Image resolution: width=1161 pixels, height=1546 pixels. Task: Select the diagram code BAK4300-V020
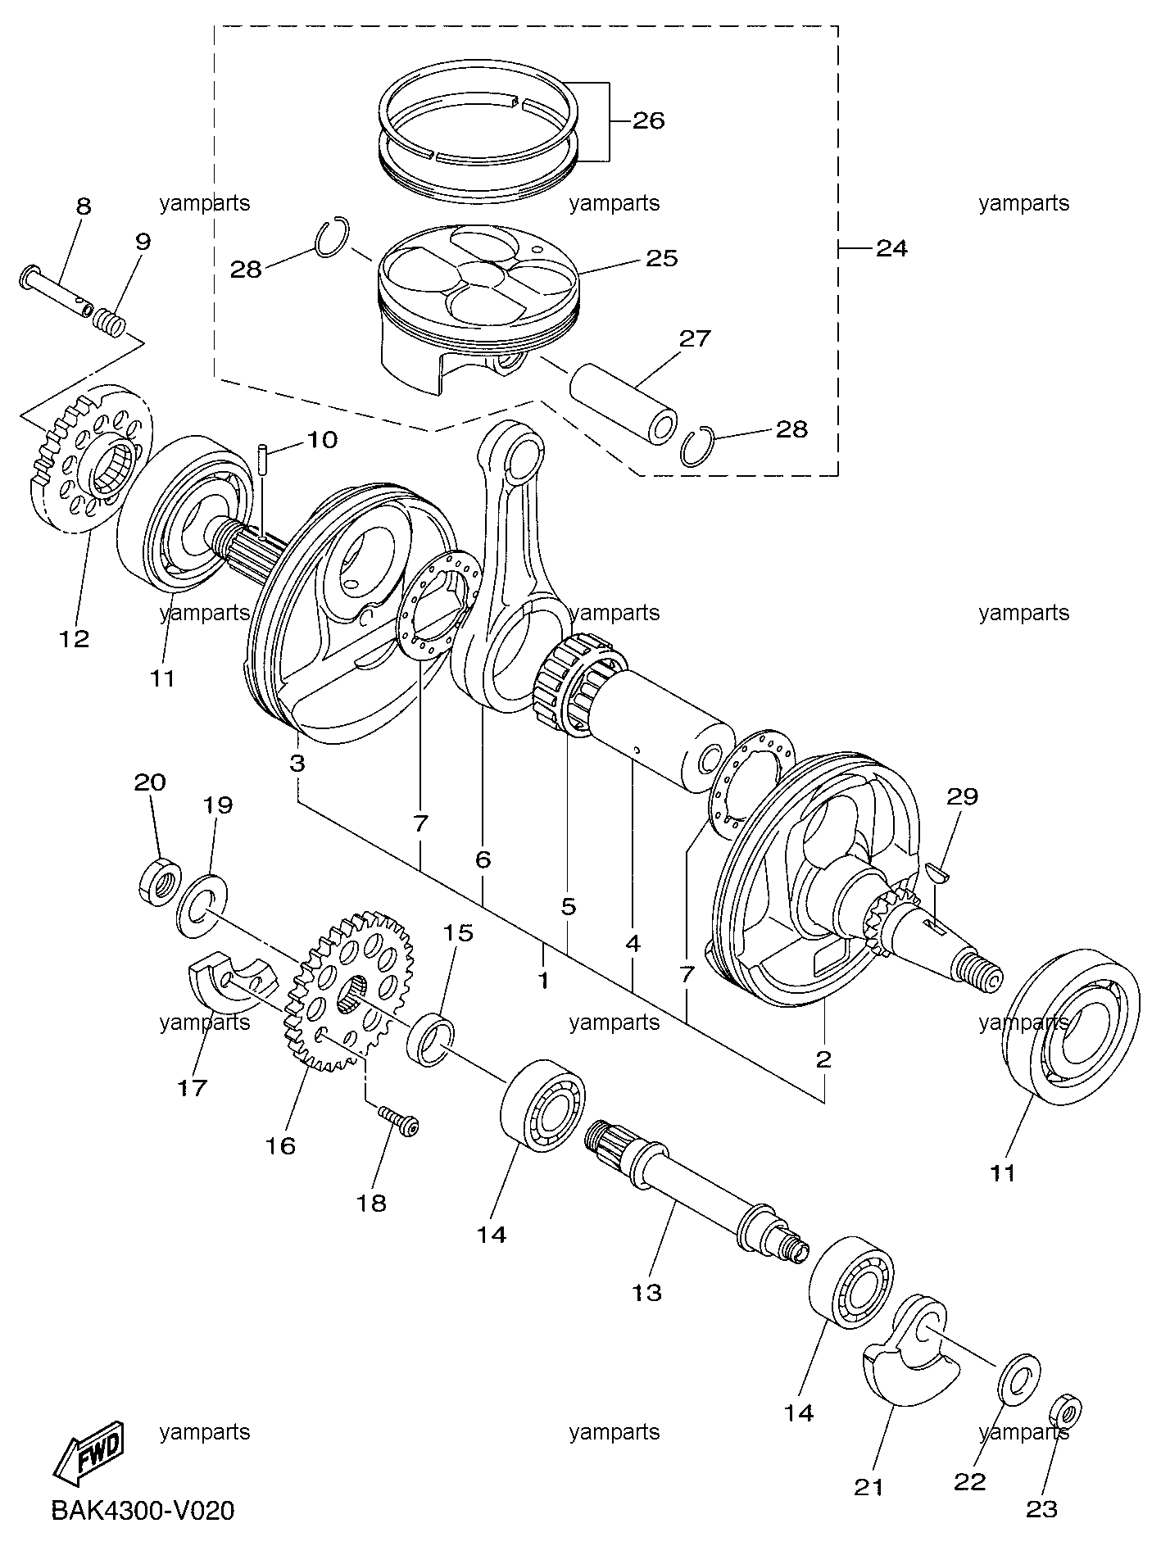(x=143, y=1510)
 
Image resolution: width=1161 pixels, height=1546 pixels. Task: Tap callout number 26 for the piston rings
(x=648, y=121)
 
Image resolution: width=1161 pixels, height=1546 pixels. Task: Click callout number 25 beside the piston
(x=662, y=258)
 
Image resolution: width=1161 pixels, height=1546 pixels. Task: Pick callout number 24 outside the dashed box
(x=891, y=247)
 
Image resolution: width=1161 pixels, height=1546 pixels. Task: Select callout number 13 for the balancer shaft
(x=646, y=1292)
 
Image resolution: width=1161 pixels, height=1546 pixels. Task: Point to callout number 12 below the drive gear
(x=75, y=638)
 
